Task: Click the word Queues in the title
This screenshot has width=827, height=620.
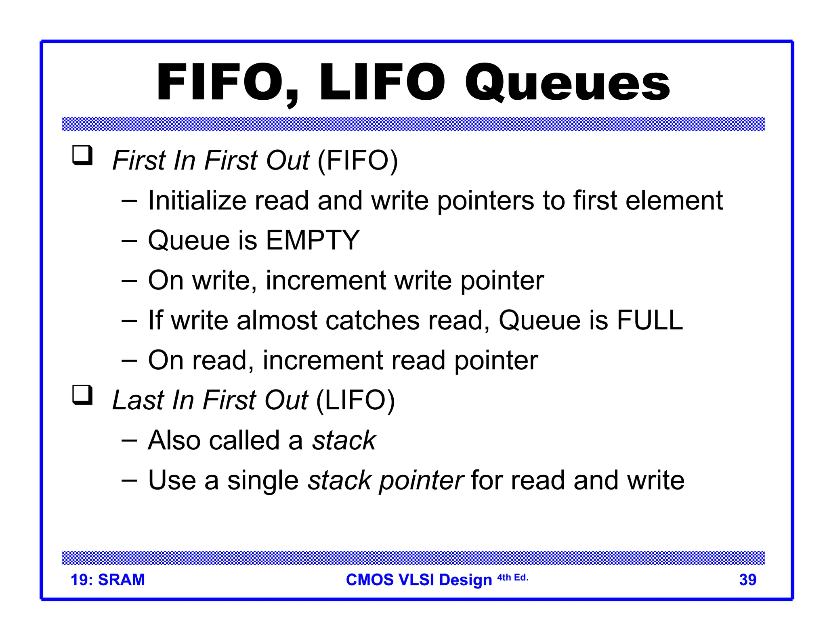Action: point(567,83)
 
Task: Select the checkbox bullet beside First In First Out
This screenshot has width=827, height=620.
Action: point(82,155)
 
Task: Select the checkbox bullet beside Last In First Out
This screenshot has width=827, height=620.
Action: point(82,395)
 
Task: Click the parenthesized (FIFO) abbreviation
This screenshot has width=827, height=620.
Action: point(358,161)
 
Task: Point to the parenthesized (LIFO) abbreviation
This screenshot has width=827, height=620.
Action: point(355,400)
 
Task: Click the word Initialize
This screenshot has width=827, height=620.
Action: point(197,200)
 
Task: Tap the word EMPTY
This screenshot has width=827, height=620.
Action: point(313,240)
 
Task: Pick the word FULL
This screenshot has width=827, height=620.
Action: point(650,320)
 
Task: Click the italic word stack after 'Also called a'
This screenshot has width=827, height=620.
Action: point(344,440)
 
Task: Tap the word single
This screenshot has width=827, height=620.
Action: point(263,480)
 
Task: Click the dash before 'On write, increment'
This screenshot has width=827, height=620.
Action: point(129,281)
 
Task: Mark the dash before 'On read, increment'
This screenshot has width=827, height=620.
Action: point(129,360)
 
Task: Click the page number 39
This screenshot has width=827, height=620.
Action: point(747,580)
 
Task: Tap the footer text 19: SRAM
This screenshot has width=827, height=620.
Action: point(107,580)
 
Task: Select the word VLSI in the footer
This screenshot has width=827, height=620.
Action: point(416,580)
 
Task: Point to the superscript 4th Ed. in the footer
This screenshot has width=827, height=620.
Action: point(512,578)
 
